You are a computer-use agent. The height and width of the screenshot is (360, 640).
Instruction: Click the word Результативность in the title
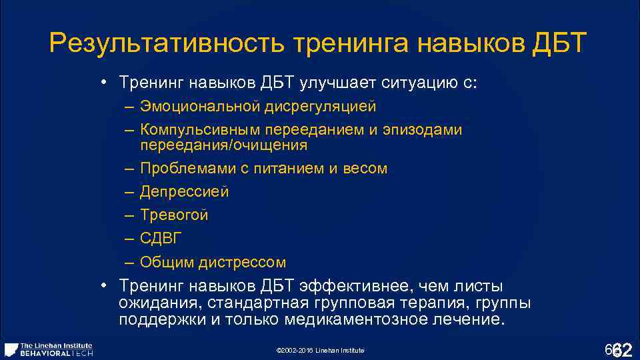tap(167, 44)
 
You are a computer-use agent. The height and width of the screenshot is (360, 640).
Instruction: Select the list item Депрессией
tap(185, 192)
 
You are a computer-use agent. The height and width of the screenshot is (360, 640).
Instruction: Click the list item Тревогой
tap(174, 215)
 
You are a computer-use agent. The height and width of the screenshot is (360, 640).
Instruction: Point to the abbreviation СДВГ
tap(161, 239)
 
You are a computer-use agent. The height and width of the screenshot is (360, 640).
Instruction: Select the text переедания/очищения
tap(224, 145)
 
